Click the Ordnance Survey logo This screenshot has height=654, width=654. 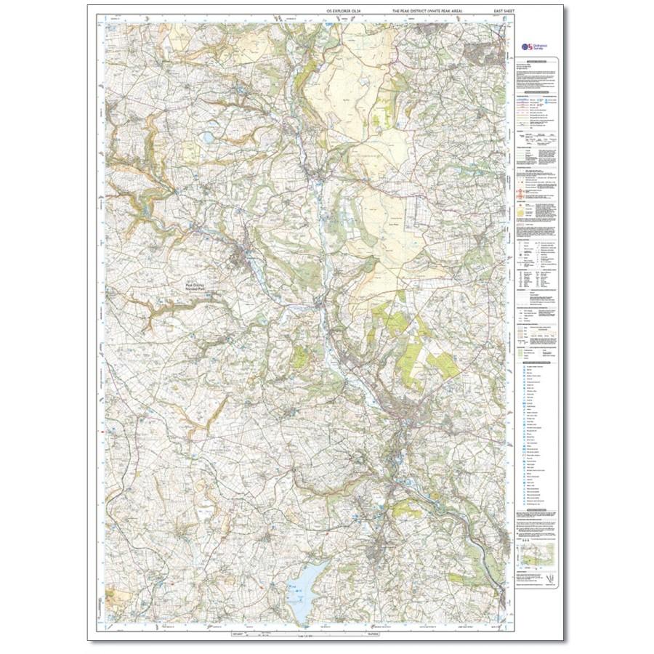(x=533, y=45)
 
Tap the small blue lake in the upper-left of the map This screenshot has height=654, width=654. (x=209, y=135)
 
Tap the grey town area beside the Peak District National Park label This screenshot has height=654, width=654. (x=240, y=256)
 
